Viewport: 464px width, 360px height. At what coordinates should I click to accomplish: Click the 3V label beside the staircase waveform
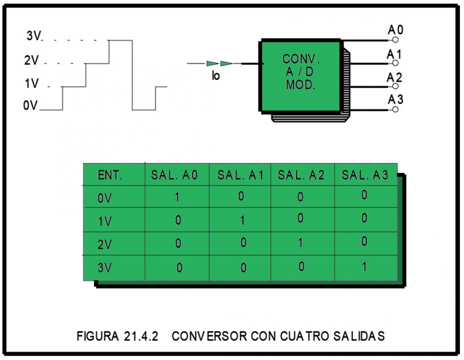[x=33, y=36]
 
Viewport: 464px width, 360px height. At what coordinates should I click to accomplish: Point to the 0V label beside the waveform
[x=30, y=106]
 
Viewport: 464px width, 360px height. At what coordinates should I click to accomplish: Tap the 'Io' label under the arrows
[x=216, y=76]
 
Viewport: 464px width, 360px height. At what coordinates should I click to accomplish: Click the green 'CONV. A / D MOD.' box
[x=301, y=75]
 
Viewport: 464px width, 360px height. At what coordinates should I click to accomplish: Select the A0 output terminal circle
[x=395, y=40]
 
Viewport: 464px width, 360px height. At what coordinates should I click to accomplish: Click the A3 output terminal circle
[x=395, y=110]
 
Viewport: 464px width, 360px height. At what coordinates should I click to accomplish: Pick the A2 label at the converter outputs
[x=395, y=77]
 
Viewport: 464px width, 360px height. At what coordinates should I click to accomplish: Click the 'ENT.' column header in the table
[x=110, y=175]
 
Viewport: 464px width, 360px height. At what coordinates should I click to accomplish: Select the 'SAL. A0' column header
[x=174, y=175]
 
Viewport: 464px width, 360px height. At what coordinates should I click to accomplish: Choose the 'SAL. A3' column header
[x=366, y=175]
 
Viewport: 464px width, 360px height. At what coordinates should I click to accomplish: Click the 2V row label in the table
[x=105, y=244]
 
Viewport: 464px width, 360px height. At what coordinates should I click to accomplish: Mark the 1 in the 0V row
[x=177, y=197]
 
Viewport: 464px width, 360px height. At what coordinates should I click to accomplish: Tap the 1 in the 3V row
[x=364, y=267]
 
